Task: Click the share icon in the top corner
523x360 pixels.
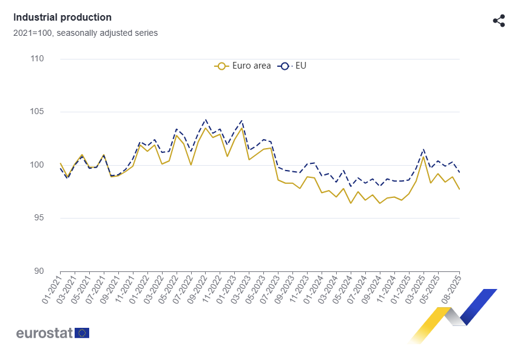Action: pyautogui.click(x=499, y=21)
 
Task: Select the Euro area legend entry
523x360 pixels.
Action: pyautogui.click(x=243, y=66)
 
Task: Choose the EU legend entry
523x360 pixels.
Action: pyautogui.click(x=293, y=66)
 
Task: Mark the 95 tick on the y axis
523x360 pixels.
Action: pyautogui.click(x=38, y=218)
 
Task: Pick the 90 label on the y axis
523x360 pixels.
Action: pyautogui.click(x=38, y=271)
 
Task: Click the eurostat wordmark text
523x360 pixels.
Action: pyautogui.click(x=44, y=333)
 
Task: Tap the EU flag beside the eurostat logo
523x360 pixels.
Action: pyautogui.click(x=82, y=333)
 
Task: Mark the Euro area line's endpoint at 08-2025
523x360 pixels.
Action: pyautogui.click(x=459, y=189)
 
